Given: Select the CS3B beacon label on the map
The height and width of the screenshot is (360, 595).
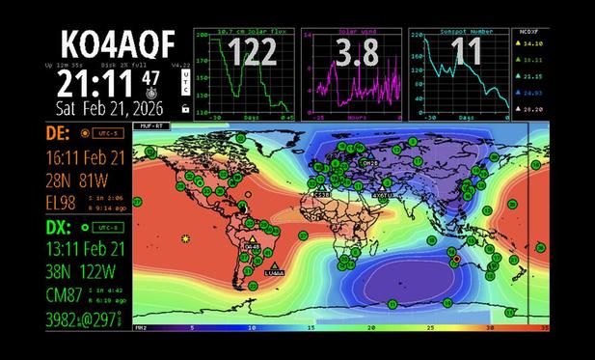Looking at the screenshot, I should (322, 195).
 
